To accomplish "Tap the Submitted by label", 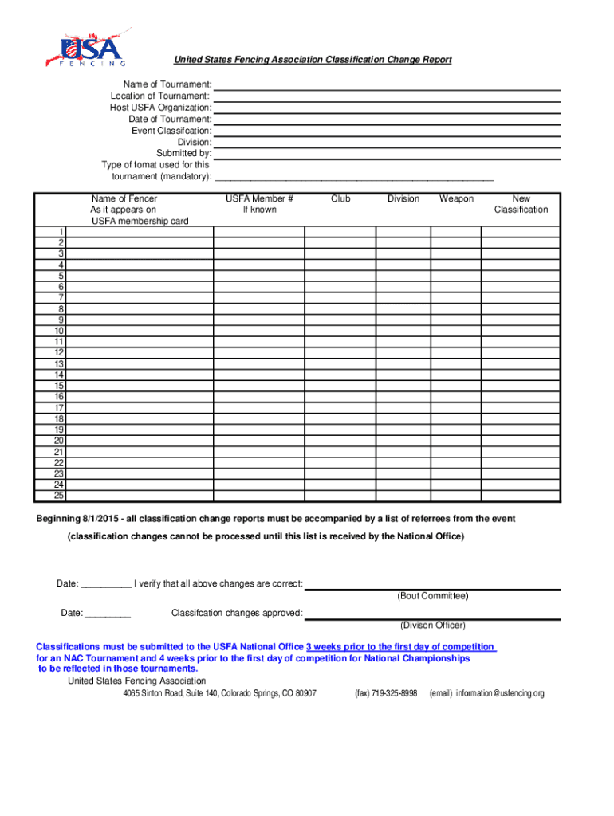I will (x=183, y=153).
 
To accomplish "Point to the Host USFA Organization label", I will (x=160, y=108).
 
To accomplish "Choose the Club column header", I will (x=340, y=198).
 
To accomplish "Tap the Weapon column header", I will (x=456, y=198).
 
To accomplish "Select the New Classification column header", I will (x=521, y=204).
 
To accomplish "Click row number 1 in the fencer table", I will (x=61, y=231).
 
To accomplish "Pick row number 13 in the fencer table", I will (x=59, y=363).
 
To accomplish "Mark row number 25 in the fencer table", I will (x=59, y=496).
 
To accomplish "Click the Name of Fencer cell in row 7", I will (x=140, y=297).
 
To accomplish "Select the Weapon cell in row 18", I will (x=456, y=418).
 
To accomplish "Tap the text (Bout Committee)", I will (x=433, y=596).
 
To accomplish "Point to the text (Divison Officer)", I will (x=433, y=626).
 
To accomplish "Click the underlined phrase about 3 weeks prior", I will (x=401, y=646).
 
